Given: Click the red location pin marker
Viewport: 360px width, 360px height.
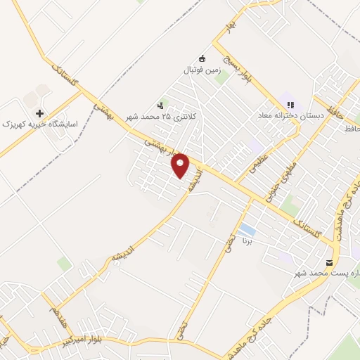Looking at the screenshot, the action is point(181,165).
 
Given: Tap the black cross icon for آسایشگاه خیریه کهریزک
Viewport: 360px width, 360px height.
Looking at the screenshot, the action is point(39,112).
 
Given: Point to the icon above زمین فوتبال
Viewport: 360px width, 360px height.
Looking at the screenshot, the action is point(203,58).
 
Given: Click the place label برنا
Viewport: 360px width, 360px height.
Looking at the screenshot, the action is point(247,240).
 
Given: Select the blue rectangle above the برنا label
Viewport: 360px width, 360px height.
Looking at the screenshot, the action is point(246,229).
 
